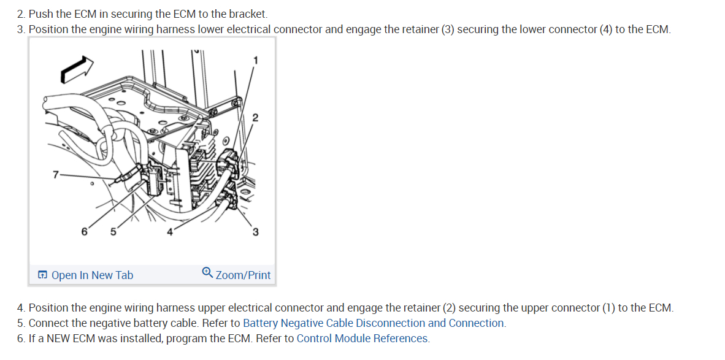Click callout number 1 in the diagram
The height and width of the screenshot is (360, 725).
coord(256,59)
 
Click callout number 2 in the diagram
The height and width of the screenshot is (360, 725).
coord(255,117)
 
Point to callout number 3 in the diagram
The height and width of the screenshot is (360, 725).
coord(255,232)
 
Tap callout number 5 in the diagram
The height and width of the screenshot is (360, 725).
coord(113,232)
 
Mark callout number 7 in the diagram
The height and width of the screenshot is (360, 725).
coord(56,175)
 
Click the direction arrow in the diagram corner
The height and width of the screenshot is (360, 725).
coord(77,67)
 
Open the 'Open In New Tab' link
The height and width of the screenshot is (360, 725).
coord(92,275)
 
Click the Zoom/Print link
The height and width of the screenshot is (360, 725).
coord(243,275)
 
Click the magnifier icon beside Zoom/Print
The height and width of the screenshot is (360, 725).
coord(207,274)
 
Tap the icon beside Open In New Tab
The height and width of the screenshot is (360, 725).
coord(42,275)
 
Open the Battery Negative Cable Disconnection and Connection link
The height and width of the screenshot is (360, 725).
coord(374,323)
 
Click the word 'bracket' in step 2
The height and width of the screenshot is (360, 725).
coord(247,13)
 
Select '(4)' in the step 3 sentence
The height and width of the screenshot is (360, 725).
coord(606,29)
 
